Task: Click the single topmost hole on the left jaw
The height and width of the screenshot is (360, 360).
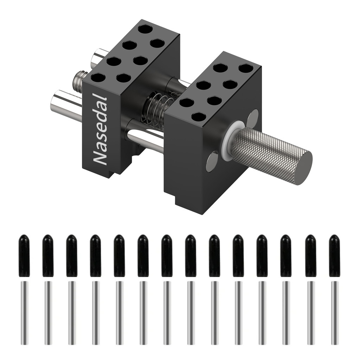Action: click(146, 30)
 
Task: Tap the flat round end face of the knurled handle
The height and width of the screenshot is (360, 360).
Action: click(303, 167)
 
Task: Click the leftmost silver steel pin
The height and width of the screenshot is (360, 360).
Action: click(24, 313)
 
